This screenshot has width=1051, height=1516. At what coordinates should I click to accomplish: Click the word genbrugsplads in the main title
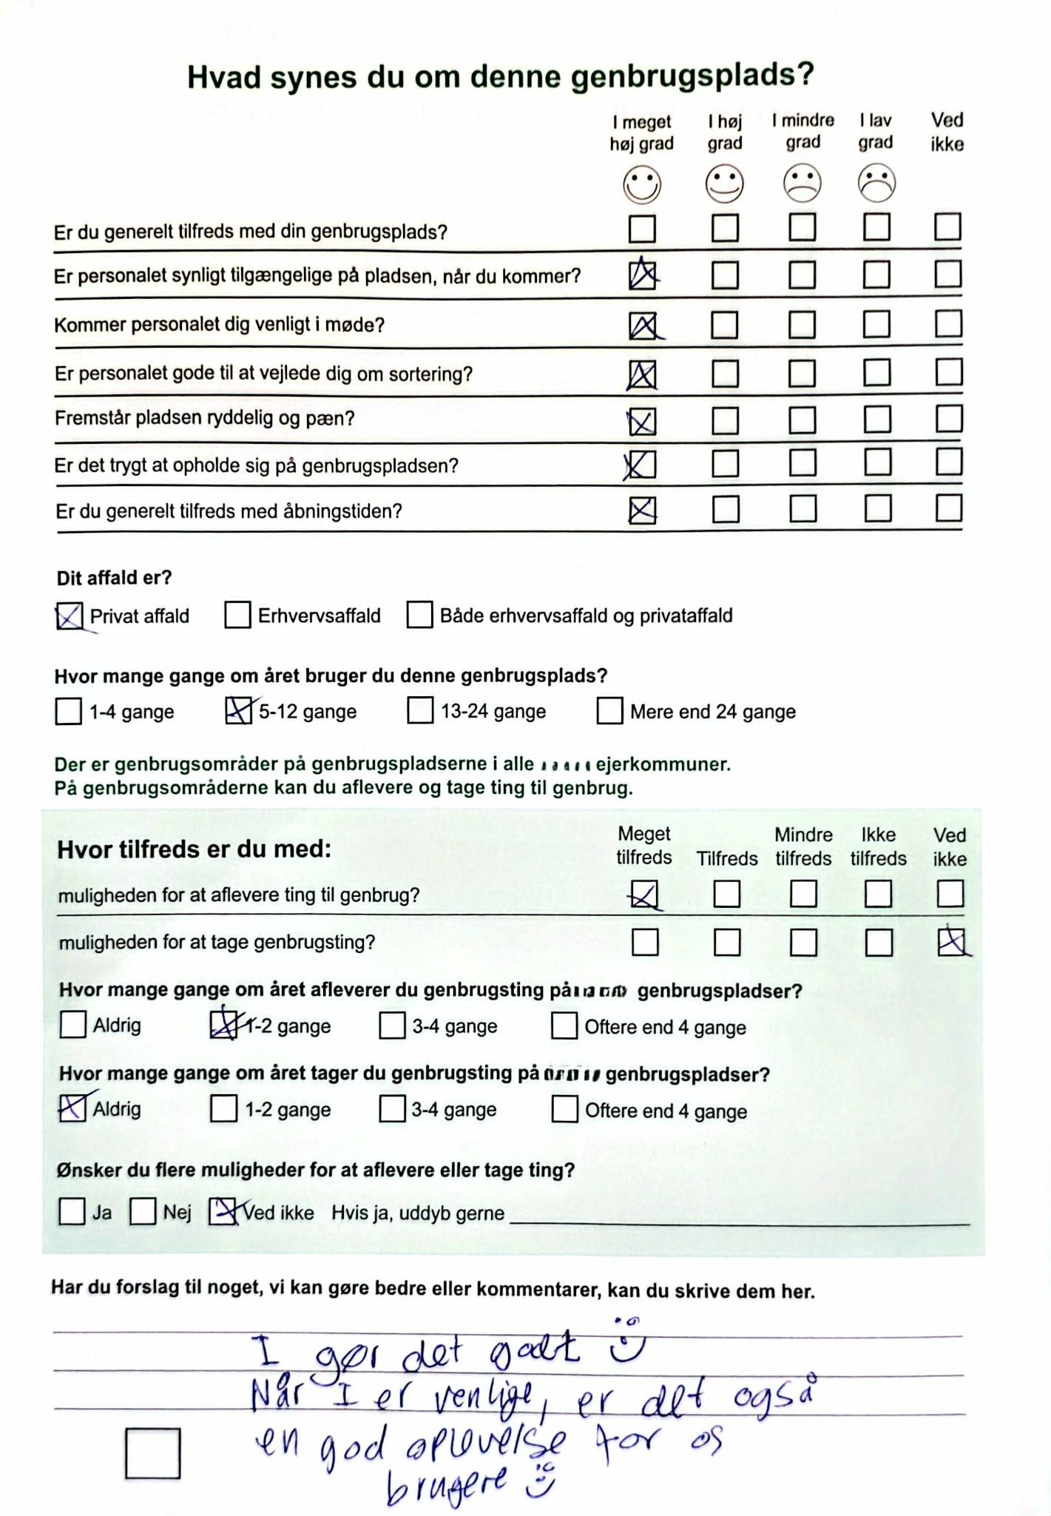coord(692,76)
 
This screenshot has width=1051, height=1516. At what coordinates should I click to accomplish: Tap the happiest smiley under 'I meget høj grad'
coord(641,184)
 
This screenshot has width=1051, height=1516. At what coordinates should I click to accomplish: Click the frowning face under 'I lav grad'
coord(876,183)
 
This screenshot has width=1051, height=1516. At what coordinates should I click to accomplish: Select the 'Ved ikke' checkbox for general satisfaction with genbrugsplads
coord(947,226)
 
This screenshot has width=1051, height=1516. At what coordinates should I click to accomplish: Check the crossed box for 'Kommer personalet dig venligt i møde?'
coord(642,326)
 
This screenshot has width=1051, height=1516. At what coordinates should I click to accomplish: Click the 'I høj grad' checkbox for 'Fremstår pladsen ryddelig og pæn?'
coord(725,421)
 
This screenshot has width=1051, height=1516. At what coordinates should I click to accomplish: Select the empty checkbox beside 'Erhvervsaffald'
coord(237,615)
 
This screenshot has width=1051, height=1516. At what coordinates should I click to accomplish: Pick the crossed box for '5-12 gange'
coord(237,711)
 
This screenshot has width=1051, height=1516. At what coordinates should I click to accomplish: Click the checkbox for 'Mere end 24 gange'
coord(609,711)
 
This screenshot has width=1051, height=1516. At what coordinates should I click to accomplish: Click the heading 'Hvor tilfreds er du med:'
coord(195,849)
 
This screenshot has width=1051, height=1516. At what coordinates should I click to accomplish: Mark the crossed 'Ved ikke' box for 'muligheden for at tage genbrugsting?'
coord(950,943)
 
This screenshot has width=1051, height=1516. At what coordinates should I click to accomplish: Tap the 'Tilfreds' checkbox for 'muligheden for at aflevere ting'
coord(726,894)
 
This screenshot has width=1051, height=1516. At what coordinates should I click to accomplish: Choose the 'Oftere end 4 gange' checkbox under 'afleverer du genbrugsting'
coord(564,1026)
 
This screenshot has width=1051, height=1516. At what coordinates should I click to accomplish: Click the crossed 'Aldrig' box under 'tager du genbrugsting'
coord(72,1108)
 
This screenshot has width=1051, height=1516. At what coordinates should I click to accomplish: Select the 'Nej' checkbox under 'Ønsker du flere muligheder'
coord(143,1212)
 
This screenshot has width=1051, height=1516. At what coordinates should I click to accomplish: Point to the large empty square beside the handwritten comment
coord(152,1453)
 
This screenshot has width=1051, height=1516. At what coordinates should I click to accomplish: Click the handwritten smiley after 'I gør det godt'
coord(626,1342)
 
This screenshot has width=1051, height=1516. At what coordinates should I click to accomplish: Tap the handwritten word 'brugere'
coord(447,1484)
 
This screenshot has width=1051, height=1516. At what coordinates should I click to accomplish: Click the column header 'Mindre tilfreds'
coord(803,846)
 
